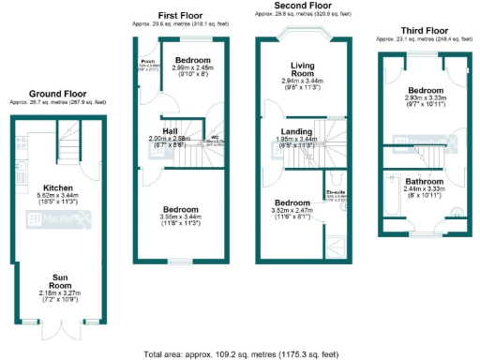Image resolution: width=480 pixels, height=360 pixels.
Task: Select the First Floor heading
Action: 181,16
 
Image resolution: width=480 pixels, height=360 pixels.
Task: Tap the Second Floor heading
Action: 302,6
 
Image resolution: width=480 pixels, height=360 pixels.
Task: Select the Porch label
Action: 147,64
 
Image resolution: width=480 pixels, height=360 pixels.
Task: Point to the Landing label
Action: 301,131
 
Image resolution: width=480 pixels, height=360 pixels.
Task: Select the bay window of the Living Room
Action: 302,36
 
